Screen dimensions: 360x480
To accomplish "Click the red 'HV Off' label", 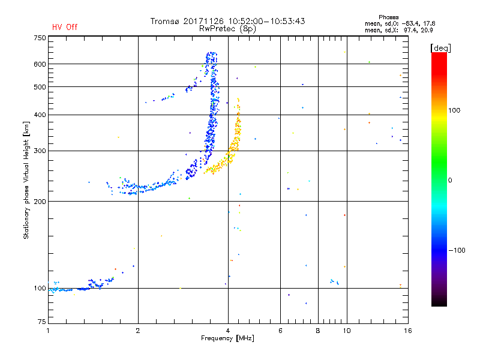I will (x=64, y=27).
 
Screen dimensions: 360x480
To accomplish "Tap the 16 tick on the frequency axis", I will (x=407, y=331).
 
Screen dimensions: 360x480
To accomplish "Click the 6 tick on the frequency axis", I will (x=280, y=331).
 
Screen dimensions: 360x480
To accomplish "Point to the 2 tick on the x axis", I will (x=138, y=331).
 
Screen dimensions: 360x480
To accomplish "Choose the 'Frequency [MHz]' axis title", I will (x=228, y=339).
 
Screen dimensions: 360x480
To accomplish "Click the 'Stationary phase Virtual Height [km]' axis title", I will (x=26, y=180).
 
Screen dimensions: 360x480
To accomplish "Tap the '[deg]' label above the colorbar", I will (x=441, y=47).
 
